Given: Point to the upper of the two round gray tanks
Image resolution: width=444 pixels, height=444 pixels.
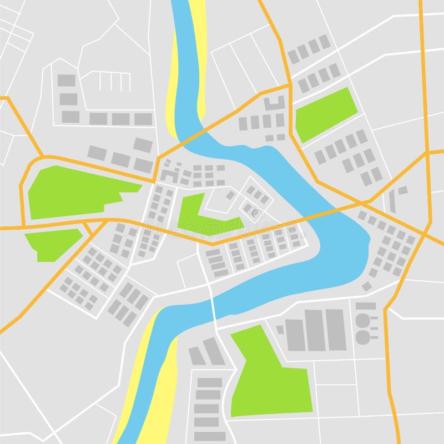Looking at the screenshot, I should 362,320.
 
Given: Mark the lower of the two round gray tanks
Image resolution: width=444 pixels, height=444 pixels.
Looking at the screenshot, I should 362,336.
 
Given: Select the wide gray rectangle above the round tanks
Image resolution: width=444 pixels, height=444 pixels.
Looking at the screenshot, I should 365,306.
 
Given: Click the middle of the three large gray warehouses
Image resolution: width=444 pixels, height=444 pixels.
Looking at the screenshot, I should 314,330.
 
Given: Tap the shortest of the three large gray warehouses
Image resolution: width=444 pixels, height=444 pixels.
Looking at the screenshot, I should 295,335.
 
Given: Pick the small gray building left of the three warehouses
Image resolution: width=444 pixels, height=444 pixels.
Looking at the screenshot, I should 280,330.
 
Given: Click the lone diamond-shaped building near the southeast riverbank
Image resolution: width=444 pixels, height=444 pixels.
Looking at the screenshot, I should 367,286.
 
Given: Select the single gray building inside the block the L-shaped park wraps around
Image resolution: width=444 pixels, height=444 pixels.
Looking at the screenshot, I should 230,195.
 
